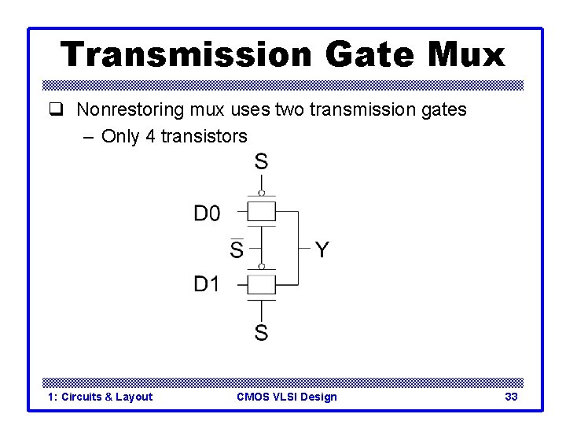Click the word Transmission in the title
point(186,54)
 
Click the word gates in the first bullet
point(442,110)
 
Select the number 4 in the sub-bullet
point(150,136)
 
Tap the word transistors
point(204,136)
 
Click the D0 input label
point(208,213)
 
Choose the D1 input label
point(207,284)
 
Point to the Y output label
point(322,250)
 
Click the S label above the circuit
point(261,162)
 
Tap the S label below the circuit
point(261,333)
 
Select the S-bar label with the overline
point(237,249)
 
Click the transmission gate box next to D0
point(262,212)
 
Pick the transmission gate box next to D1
point(262,283)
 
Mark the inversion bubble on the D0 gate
point(262,192)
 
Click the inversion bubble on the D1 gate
point(262,266)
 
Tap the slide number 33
point(511,397)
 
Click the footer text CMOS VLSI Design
point(286,397)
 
